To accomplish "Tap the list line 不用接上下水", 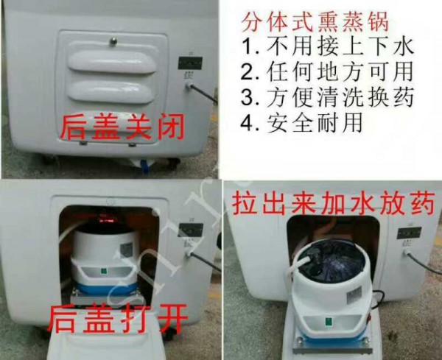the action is [328, 46].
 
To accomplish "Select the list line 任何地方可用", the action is [327, 72].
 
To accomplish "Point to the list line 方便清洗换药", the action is [327, 97].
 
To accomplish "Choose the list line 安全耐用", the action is [301, 123].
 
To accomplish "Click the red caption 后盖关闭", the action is [122, 127].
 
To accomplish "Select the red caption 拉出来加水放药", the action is [333, 202].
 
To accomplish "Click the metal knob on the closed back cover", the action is [113, 41].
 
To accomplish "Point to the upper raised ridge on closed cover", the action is [112, 61].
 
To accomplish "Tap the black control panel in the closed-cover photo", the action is [190, 63].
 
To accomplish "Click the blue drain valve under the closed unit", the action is [144, 166].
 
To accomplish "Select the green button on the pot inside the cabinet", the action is [103, 272].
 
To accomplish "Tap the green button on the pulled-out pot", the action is [329, 321].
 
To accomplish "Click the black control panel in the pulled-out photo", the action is [409, 233].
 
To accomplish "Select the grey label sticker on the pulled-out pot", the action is [354, 295].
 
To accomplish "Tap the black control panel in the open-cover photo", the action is [191, 230].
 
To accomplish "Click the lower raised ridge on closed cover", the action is [110, 91].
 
